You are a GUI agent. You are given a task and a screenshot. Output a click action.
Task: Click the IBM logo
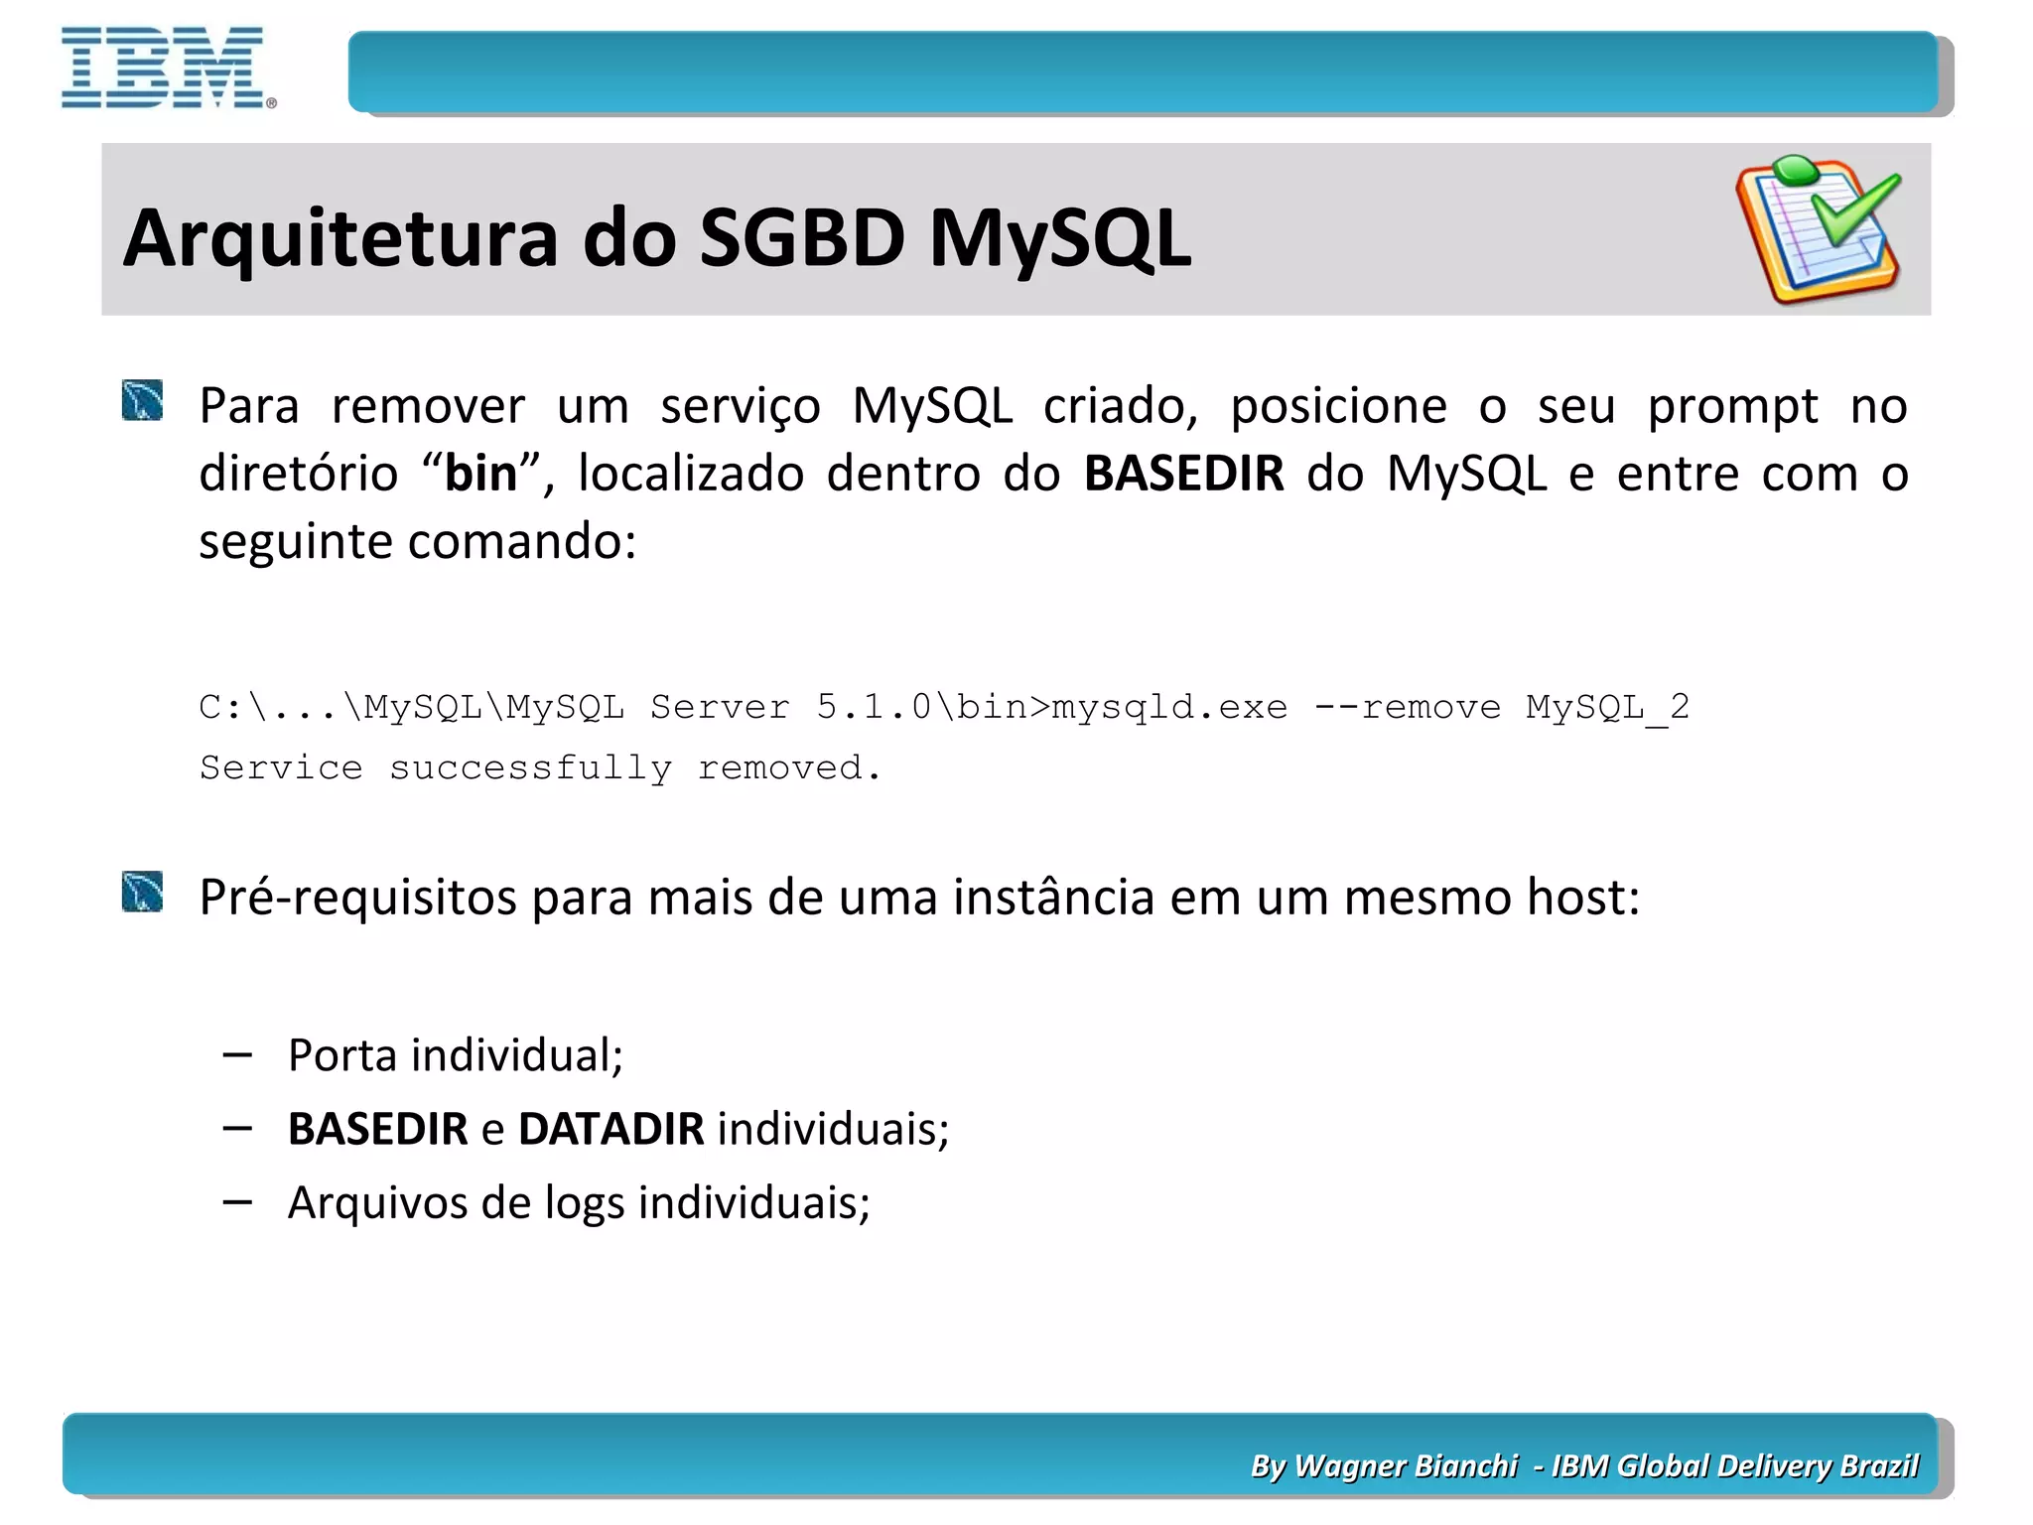[x=166, y=68]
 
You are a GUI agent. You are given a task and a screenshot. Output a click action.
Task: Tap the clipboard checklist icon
[x=1818, y=229]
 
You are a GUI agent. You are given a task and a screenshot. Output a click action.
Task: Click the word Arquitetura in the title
[x=340, y=239]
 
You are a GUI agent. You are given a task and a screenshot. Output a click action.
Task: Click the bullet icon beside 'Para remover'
[x=143, y=400]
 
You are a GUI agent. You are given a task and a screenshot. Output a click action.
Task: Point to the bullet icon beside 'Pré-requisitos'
[x=143, y=892]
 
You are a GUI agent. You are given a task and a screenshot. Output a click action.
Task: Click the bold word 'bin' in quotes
[x=480, y=473]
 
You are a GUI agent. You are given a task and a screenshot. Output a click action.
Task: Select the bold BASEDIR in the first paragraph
[x=1183, y=473]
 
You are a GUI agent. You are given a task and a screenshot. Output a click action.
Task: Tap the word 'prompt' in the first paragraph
[x=1732, y=407]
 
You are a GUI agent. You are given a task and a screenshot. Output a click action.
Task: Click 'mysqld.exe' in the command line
[x=1168, y=707]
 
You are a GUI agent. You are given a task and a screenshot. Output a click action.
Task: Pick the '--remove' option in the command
[x=1407, y=707]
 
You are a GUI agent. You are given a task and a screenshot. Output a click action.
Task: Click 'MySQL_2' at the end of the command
[x=1607, y=707]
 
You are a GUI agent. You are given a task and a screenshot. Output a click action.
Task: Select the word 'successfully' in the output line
[x=530, y=767]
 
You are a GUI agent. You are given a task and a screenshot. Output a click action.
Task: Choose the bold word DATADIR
[x=610, y=1129]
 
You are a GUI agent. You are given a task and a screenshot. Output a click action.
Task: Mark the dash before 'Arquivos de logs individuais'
[x=237, y=1201]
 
